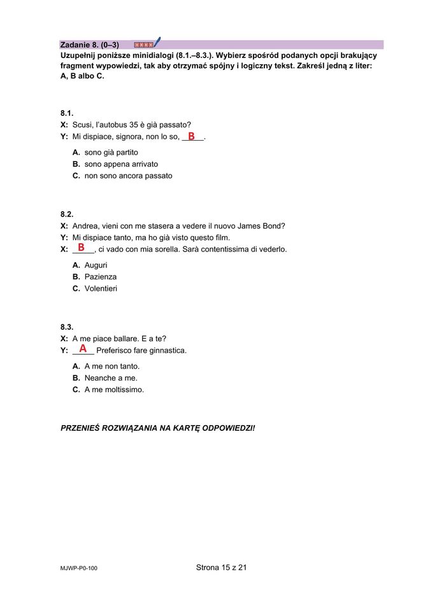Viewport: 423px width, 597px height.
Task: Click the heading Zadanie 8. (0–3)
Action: [89, 45]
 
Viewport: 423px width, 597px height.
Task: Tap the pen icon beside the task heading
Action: [157, 43]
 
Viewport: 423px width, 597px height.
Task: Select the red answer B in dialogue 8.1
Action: [191, 136]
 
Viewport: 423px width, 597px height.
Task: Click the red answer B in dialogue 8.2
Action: [81, 248]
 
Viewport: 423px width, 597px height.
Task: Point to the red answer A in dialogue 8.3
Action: [83, 349]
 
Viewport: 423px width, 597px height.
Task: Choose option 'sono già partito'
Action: [111, 153]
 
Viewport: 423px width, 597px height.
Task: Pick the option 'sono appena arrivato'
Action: [121, 164]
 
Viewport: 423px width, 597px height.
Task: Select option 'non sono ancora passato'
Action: [128, 176]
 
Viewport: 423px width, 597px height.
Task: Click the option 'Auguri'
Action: [96, 265]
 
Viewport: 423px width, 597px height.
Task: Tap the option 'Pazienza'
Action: [100, 277]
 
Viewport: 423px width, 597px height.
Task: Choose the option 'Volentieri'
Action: [101, 288]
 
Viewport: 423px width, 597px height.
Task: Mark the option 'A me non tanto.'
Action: [111, 367]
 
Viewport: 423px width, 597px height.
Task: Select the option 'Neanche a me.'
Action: [110, 378]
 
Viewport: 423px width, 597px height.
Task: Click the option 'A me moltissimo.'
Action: [114, 390]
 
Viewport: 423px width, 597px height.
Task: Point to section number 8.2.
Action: [67, 214]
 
